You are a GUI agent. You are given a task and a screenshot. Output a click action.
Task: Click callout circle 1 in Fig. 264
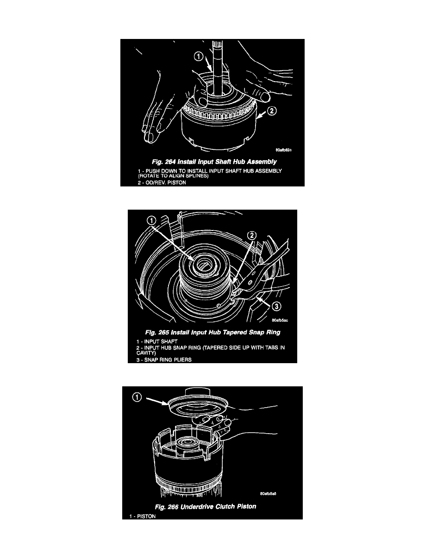[199, 56]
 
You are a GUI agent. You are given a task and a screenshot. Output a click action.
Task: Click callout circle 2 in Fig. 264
[272, 111]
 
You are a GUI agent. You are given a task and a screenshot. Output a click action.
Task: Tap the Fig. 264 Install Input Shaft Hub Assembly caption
[214, 162]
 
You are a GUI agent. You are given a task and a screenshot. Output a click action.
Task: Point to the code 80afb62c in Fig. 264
[283, 150]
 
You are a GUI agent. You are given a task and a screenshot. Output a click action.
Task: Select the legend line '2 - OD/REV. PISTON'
[162, 182]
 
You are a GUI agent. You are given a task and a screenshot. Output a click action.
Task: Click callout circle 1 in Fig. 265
[151, 221]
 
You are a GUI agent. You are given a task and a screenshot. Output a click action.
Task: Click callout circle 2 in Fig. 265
[252, 235]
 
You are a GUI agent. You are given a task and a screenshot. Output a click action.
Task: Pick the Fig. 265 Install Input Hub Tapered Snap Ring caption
[213, 332]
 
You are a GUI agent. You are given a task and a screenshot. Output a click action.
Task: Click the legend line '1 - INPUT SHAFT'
[157, 341]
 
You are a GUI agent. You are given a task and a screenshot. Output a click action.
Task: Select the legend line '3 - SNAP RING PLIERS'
[164, 360]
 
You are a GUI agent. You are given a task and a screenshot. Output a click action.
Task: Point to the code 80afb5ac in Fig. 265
[280, 320]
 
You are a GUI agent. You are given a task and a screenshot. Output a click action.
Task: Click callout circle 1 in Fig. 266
[137, 397]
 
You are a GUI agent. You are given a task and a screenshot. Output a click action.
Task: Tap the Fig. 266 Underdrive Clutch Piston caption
[206, 506]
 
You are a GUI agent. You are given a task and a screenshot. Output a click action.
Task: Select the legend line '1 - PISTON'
[143, 516]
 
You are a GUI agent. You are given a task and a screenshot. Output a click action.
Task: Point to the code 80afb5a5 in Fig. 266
[268, 494]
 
